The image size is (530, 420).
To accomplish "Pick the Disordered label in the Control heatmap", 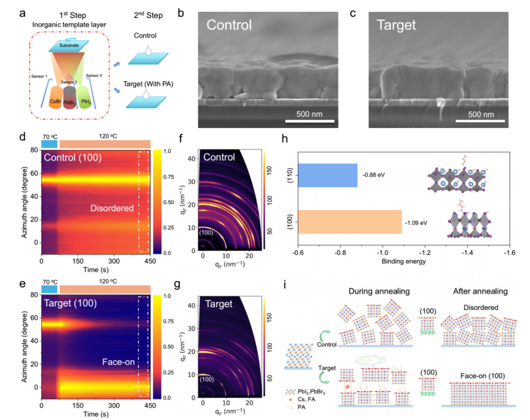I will pos(112,208).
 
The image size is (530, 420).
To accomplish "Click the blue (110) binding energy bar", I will pos(327,175).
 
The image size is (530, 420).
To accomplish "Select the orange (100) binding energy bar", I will pos(350,222).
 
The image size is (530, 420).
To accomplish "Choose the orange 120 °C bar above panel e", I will pos(105,289).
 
